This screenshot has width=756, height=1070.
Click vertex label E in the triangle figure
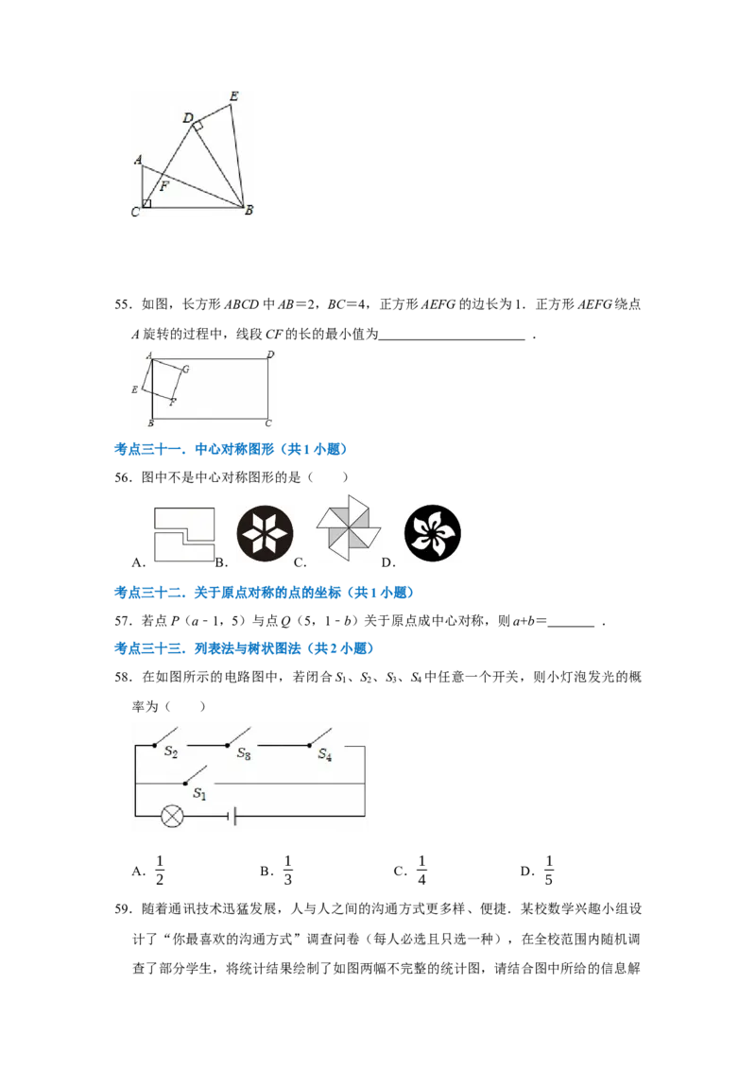[234, 96]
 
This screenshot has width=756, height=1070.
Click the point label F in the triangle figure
[164, 185]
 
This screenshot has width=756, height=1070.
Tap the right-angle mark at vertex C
[146, 203]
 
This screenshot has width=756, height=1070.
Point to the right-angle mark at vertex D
[198, 125]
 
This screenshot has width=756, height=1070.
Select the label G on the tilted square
[185, 370]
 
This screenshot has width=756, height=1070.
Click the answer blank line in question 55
[453, 338]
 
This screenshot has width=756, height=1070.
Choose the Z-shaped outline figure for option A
[184, 534]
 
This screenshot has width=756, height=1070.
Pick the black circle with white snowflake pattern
[265, 534]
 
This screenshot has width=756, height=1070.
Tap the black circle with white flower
[433, 533]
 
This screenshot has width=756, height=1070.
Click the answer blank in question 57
[571, 625]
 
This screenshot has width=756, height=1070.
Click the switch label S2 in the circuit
[171, 751]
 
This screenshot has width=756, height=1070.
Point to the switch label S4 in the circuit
[325, 754]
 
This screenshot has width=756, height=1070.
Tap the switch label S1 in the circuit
[199, 793]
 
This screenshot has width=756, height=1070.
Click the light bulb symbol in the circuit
[172, 816]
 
